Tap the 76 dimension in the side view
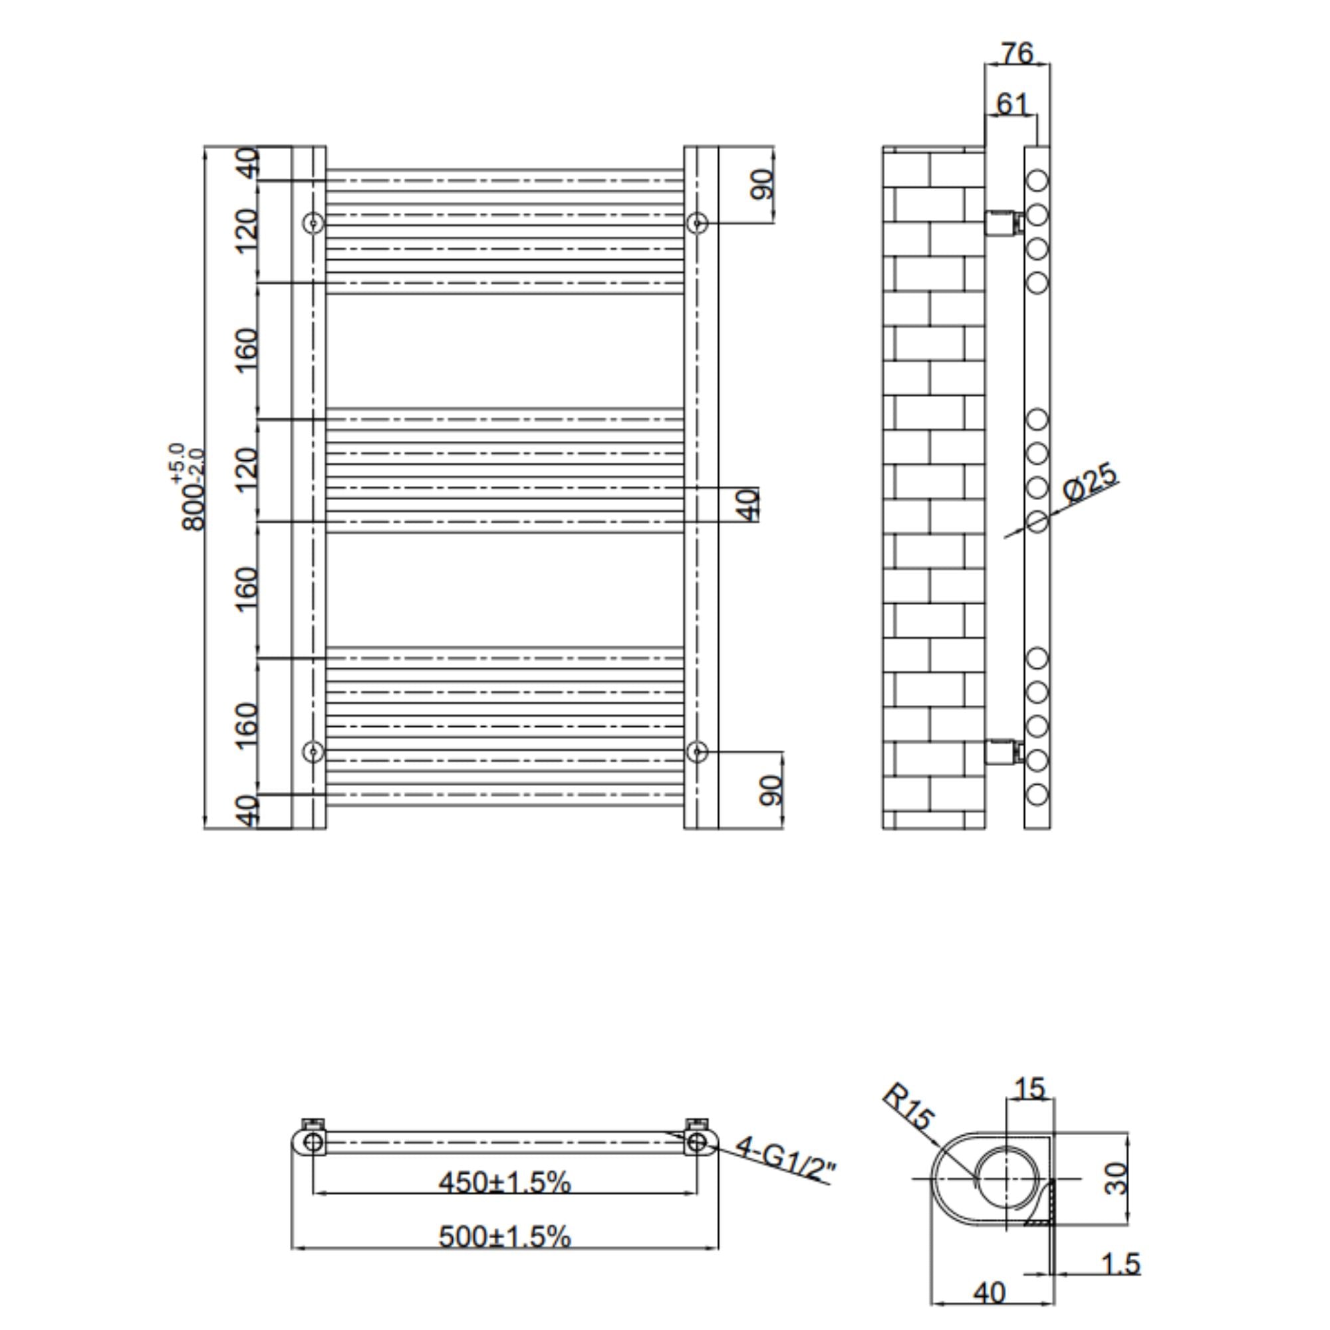pos(1017,53)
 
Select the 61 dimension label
pos(1012,104)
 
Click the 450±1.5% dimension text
pos(505,1182)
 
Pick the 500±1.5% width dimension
pos(505,1237)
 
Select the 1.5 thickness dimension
pos(1121,1264)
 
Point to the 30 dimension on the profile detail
pos(1116,1178)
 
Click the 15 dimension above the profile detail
pos(1030,1089)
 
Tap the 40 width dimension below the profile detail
pos(990,1293)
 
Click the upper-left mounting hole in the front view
pos(313,223)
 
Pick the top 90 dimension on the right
pos(762,184)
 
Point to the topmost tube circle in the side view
pos(1037,181)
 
